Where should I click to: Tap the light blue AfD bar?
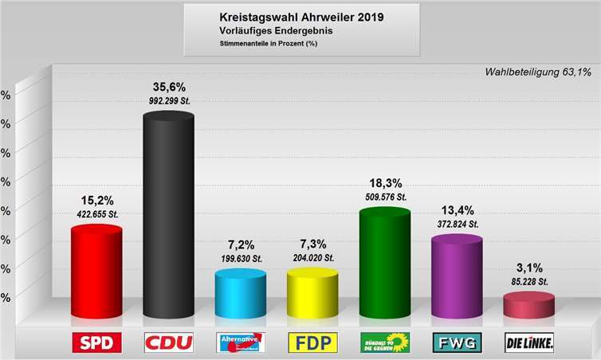click(x=241, y=295)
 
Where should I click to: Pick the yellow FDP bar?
click(x=312, y=295)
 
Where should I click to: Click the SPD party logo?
click(x=96, y=342)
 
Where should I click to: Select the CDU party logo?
click(x=168, y=342)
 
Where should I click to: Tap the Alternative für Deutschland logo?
click(x=241, y=342)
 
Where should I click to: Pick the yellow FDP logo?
click(x=312, y=342)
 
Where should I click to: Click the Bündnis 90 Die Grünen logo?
click(x=384, y=342)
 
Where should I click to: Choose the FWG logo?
click(x=457, y=342)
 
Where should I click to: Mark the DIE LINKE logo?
click(x=529, y=342)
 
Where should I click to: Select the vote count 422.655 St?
click(x=96, y=213)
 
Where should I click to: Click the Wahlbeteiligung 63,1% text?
click(x=538, y=72)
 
